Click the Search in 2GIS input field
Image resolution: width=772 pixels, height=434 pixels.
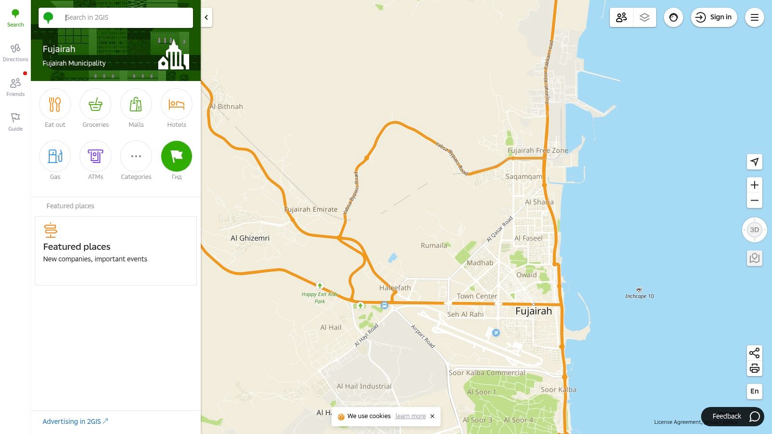pyautogui.click(x=125, y=17)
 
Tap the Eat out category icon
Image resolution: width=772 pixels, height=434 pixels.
pyautogui.click(x=55, y=105)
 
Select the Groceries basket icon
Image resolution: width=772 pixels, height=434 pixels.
pyautogui.click(x=96, y=105)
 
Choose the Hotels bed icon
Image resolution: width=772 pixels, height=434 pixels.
pyautogui.click(x=177, y=105)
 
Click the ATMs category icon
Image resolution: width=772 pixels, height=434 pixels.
pyautogui.click(x=96, y=156)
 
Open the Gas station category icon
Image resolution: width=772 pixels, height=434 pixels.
pyautogui.click(x=55, y=156)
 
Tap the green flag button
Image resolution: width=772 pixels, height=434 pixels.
pyautogui.click(x=177, y=156)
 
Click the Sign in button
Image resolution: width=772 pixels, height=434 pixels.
pyautogui.click(x=714, y=17)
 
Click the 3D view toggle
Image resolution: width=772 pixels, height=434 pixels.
pyautogui.click(x=755, y=230)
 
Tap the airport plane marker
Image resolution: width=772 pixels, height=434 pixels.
pyautogui.click(x=496, y=333)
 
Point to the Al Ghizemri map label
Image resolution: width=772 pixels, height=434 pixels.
pyautogui.click(x=250, y=238)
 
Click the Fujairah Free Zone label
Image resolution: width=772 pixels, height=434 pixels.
pyautogui.click(x=538, y=150)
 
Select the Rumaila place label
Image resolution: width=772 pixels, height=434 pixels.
pyautogui.click(x=434, y=245)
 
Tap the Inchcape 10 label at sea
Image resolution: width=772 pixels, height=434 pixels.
pyautogui.click(x=639, y=296)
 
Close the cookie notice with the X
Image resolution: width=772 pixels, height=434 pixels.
pyautogui.click(x=432, y=416)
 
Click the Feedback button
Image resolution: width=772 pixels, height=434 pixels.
pyautogui.click(x=732, y=416)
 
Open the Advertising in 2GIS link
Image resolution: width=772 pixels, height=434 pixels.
pyautogui.click(x=75, y=421)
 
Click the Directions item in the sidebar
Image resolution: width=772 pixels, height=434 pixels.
pyautogui.click(x=15, y=53)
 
